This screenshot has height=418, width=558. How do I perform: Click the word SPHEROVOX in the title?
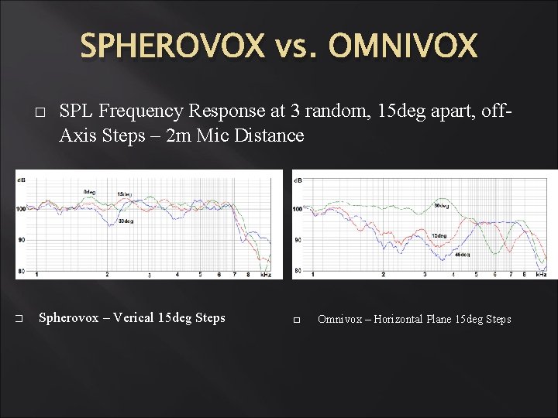(172, 46)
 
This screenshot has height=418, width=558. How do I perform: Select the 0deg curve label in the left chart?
(90, 191)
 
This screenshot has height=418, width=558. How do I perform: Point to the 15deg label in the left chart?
(125, 194)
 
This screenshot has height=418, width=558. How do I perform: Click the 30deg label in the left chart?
(125, 222)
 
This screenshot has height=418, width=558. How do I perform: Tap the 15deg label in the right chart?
(439, 235)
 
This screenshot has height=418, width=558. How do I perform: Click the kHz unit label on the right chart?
(541, 274)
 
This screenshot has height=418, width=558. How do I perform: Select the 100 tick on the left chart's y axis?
(20, 209)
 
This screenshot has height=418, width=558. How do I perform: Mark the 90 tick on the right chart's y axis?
(298, 241)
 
